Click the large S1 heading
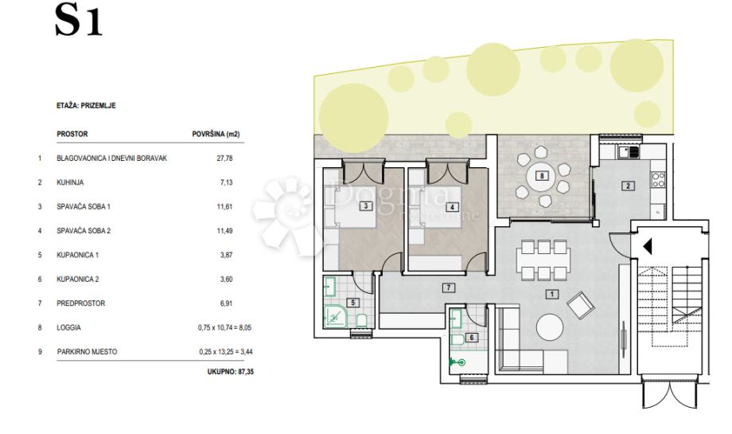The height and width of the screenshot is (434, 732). pyautogui.click(x=79, y=20)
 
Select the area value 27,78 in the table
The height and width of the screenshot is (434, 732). pyautogui.click(x=224, y=158)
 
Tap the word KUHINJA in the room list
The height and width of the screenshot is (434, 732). pyautogui.click(x=70, y=182)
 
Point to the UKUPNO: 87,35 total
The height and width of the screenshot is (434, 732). pyautogui.click(x=231, y=372)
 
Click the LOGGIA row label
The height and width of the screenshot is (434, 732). pyautogui.click(x=68, y=327)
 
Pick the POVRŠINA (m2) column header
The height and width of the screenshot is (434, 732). pyautogui.click(x=216, y=134)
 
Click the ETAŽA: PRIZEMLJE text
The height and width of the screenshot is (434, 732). pyautogui.click(x=86, y=106)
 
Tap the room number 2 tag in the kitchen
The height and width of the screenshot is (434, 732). pyautogui.click(x=628, y=186)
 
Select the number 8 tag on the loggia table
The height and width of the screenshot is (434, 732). pyautogui.click(x=542, y=176)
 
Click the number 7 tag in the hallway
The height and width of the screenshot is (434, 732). pyautogui.click(x=448, y=287)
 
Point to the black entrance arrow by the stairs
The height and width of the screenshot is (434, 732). pyautogui.click(x=648, y=247)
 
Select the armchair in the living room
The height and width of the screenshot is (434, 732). pyautogui.click(x=580, y=305)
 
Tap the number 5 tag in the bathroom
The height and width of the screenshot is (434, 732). pyautogui.click(x=352, y=303)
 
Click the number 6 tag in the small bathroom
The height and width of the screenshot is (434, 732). pyautogui.click(x=472, y=338)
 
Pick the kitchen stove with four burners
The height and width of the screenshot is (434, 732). pyautogui.click(x=658, y=180)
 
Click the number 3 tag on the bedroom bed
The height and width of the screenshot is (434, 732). pyautogui.click(x=366, y=205)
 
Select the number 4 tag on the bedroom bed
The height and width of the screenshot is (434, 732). pyautogui.click(x=451, y=207)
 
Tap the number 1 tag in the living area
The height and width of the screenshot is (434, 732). pyautogui.click(x=552, y=294)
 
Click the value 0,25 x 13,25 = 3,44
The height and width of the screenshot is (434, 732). pyautogui.click(x=226, y=352)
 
